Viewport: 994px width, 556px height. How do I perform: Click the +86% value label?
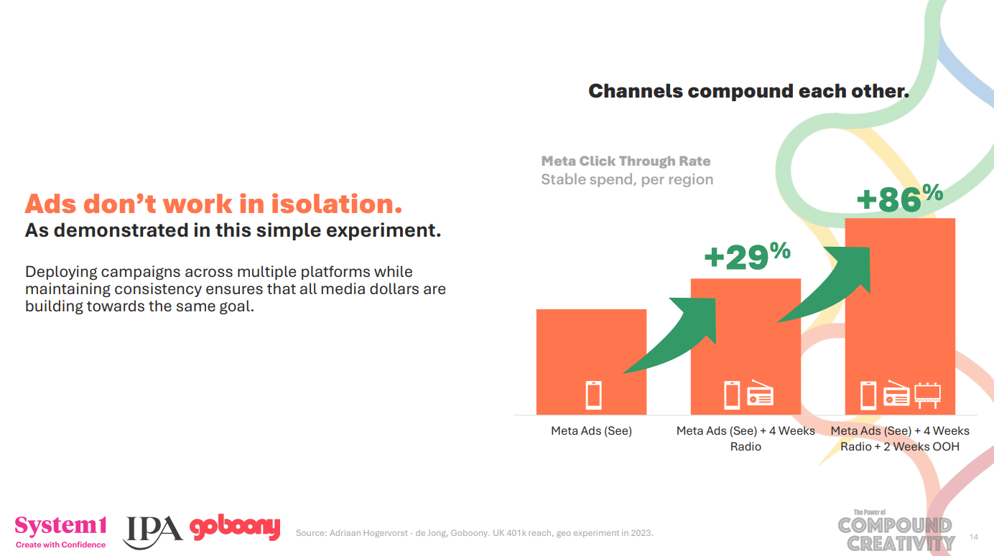tap(899, 199)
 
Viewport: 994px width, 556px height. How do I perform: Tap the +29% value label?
tap(747, 256)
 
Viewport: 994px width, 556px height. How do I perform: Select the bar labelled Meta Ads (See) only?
tap(591, 362)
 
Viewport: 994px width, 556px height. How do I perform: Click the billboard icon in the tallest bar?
tap(927, 395)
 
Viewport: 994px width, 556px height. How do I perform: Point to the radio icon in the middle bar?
tap(760, 393)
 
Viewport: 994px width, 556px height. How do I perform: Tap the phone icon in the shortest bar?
tap(594, 395)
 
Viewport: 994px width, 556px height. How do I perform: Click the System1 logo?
tap(61, 532)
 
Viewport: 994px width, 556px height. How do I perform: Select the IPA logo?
tap(154, 532)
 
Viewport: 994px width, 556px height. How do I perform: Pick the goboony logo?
tap(235, 527)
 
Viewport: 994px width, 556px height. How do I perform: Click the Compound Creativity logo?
tap(896, 531)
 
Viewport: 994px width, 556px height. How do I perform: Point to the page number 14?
tap(974, 537)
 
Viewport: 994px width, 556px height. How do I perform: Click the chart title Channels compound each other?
tap(748, 91)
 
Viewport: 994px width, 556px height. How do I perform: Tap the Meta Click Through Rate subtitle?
tap(626, 161)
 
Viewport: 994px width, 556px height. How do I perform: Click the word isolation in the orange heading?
tap(337, 204)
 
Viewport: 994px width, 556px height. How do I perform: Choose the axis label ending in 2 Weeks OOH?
tap(900, 438)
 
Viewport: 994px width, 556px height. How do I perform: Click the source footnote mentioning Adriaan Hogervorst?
tap(474, 533)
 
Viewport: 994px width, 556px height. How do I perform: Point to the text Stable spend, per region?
tap(627, 179)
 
